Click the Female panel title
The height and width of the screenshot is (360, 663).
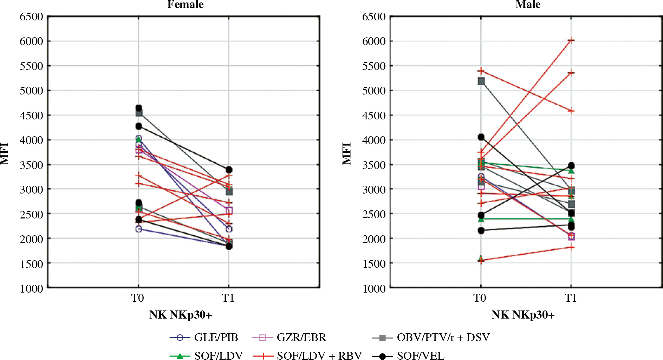[x=185, y=5]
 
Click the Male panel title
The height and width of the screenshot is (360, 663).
[x=528, y=5]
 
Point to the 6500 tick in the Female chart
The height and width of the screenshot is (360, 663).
[x=31, y=17]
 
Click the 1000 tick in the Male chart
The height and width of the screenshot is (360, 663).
[x=374, y=289]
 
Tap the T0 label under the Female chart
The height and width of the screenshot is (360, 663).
[x=138, y=298]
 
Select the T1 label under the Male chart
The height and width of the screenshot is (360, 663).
[x=571, y=298]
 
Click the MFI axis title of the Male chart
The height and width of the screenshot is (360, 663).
[x=347, y=153]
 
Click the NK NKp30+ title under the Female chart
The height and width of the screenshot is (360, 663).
[x=181, y=315]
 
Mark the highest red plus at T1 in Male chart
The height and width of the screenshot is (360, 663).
[x=571, y=41]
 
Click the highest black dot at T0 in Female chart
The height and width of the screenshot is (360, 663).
[x=139, y=108]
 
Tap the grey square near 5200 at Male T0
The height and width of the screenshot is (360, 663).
[x=481, y=81]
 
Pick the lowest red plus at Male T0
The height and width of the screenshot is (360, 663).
[x=481, y=261]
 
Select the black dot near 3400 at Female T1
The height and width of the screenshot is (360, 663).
[x=229, y=170]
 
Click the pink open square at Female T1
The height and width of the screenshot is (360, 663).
[x=229, y=211]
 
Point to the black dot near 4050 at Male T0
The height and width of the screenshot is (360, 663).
[x=481, y=137]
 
